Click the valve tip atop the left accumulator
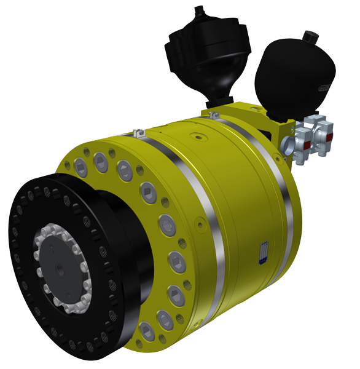coord(198,9)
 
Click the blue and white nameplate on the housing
coord(262,252)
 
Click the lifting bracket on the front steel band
coord(138,132)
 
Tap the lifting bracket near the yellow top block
coord(214,115)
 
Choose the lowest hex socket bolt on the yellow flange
coord(146,331)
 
